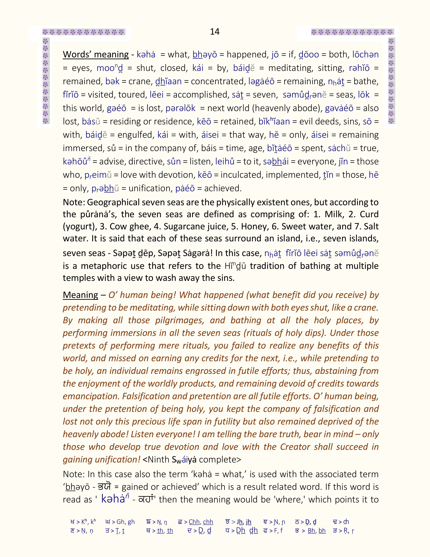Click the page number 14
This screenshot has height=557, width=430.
click(214, 31)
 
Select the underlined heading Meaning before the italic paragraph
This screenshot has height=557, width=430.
click(80, 295)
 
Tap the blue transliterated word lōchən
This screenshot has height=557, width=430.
click(366, 55)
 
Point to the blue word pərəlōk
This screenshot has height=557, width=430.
click(180, 108)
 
